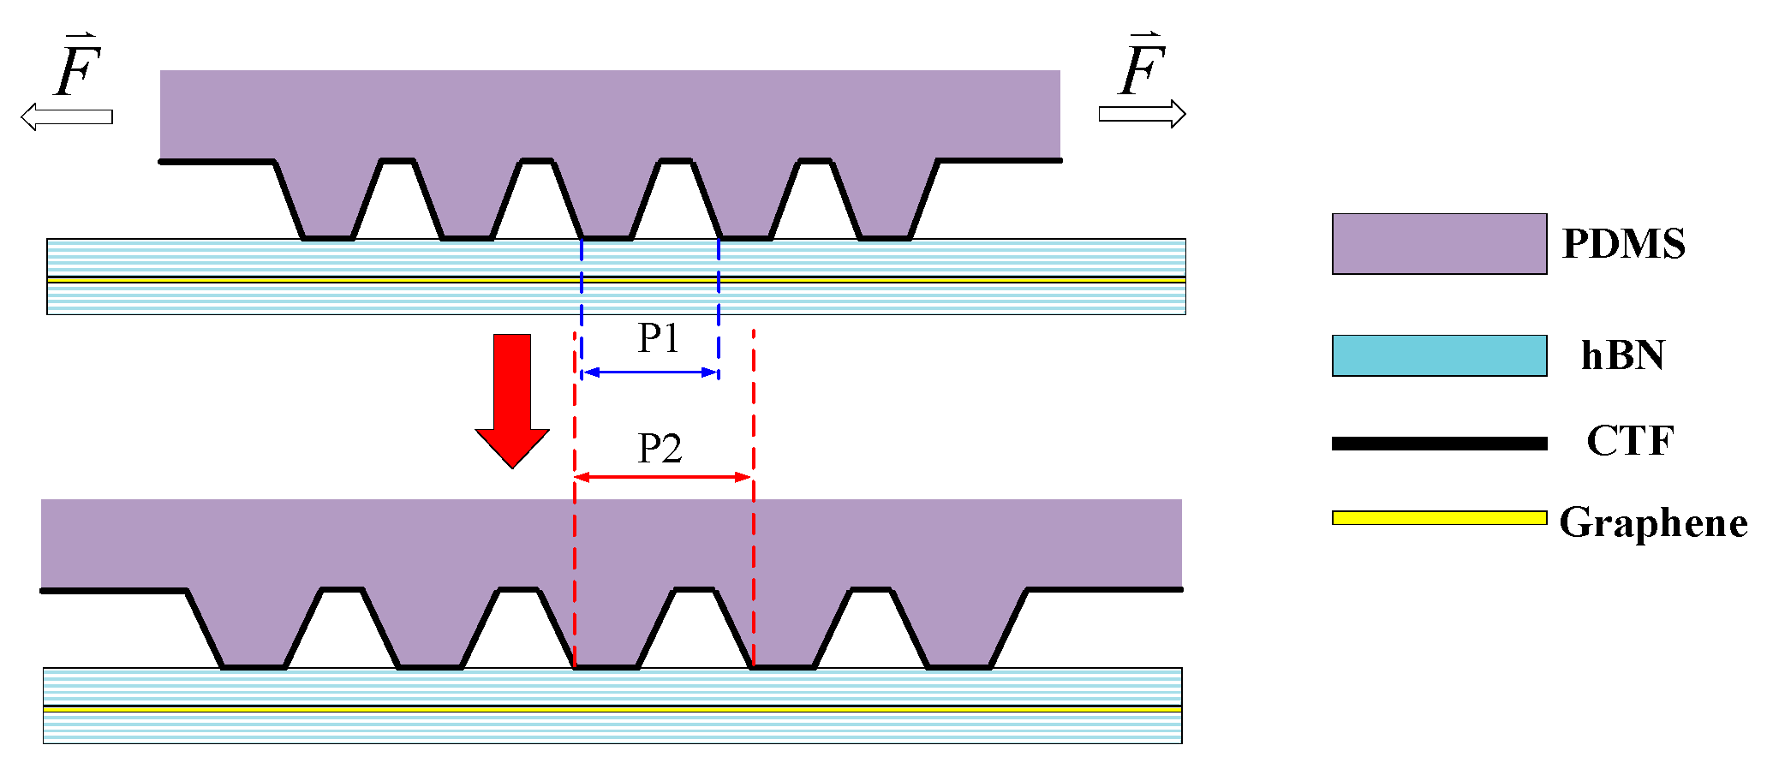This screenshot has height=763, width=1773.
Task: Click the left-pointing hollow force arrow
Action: click(67, 116)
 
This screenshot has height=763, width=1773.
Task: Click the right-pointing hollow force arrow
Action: click(1142, 114)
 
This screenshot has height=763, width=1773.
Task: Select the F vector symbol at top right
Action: click(1143, 66)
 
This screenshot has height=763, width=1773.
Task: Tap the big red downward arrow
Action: click(512, 399)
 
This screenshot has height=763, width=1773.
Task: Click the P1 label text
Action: click(659, 338)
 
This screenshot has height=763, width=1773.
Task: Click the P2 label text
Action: click(660, 449)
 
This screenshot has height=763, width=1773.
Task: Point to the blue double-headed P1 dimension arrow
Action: click(650, 373)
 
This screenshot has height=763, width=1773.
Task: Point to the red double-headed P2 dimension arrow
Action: click(663, 477)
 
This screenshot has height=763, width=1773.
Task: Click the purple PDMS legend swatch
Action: click(1439, 244)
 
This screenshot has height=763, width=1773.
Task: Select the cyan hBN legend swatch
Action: click(1439, 355)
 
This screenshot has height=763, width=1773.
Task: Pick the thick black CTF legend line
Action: click(1439, 444)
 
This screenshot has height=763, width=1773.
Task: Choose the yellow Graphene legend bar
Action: click(1439, 517)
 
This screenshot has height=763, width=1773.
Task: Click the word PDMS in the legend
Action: click(1623, 244)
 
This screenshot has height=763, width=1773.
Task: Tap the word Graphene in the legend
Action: click(1652, 522)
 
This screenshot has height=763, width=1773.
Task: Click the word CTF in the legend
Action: click(1629, 441)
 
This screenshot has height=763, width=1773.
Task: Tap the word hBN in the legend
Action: click(1622, 355)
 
